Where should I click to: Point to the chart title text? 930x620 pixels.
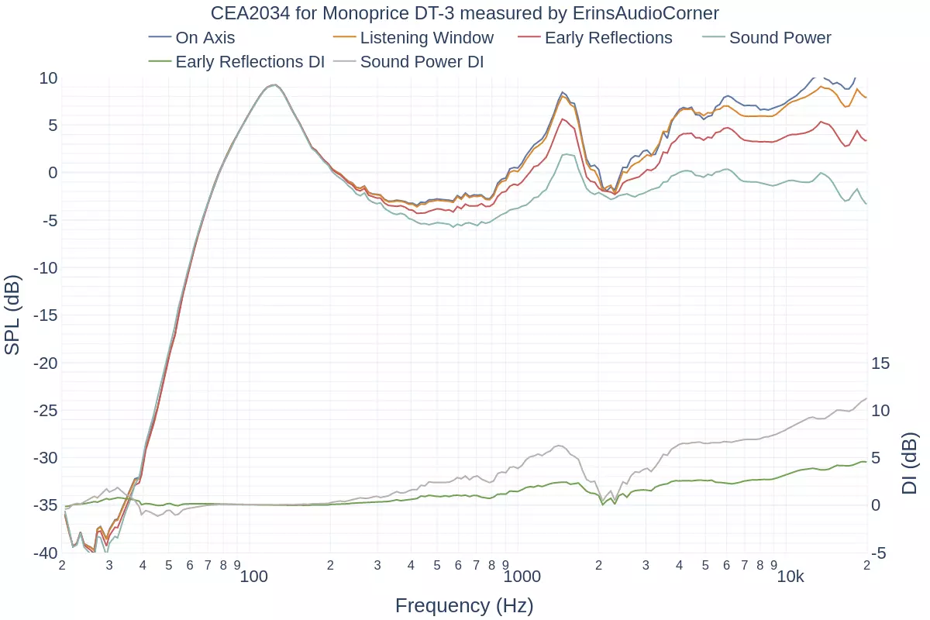point(465,13)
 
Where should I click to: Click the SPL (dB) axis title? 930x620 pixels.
point(12,315)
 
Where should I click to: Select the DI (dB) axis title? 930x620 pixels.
point(910,463)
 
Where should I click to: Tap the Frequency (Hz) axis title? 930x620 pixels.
point(464,605)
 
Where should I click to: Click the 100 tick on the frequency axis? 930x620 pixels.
point(253,576)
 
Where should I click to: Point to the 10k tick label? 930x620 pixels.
point(790,576)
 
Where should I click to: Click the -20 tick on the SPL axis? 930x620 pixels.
point(45,363)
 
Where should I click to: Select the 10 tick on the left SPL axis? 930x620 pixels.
point(48,77)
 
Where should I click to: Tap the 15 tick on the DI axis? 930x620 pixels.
point(880,363)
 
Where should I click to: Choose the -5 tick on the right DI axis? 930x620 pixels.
point(879,553)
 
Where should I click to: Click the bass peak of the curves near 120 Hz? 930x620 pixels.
point(273,84)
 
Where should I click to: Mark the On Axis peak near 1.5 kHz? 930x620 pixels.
point(563,92)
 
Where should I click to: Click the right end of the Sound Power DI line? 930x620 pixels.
point(866,398)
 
